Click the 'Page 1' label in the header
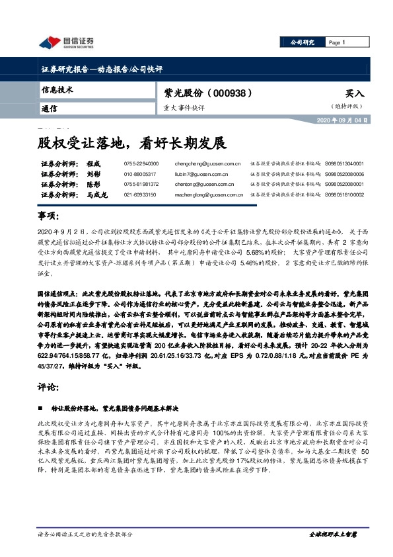click(x=338, y=42)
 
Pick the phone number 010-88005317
click(x=141, y=174)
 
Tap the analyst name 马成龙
click(x=97, y=195)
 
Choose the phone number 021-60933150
click(x=141, y=195)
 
